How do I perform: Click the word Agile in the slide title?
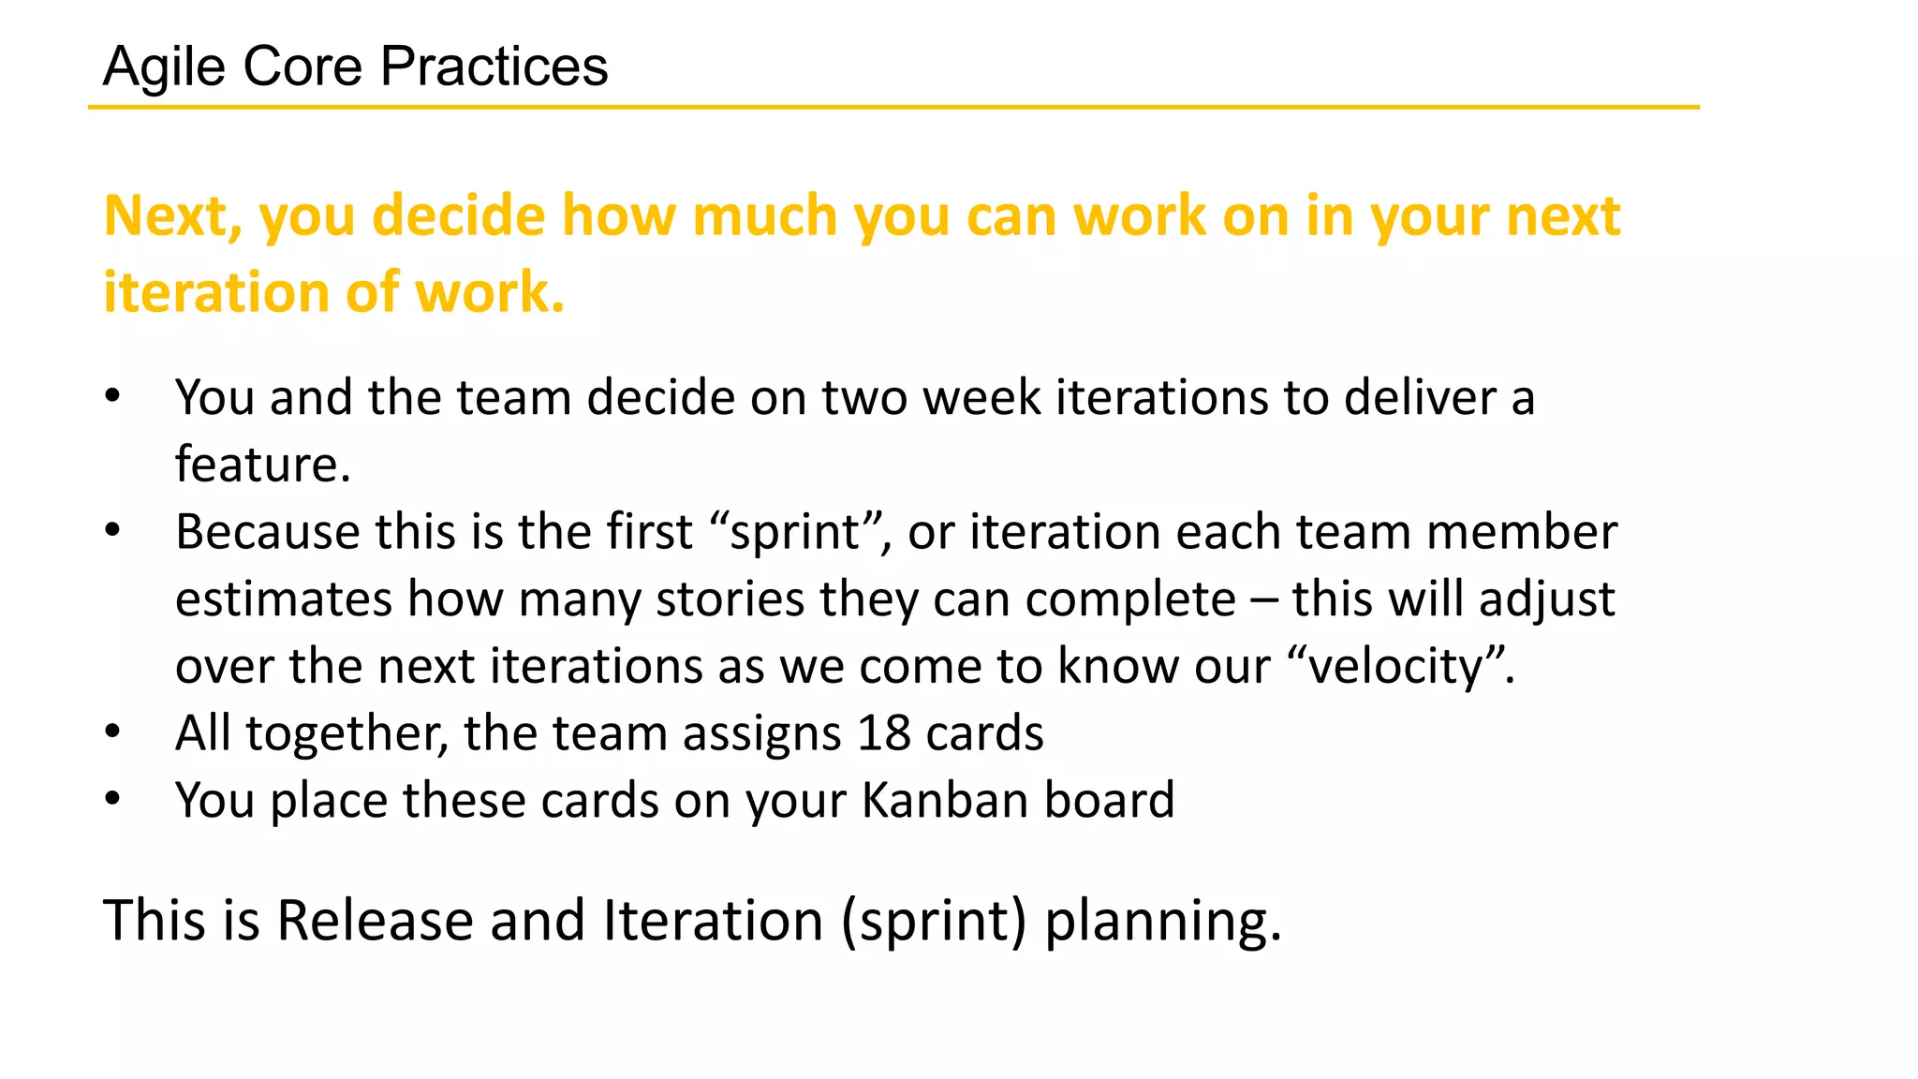164,67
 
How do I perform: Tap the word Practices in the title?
494,67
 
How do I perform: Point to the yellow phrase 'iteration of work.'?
333,292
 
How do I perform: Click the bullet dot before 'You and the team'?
112,396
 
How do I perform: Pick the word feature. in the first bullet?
262,465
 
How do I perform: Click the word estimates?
283,599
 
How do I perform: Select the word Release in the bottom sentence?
375,921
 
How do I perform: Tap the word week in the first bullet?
981,397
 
